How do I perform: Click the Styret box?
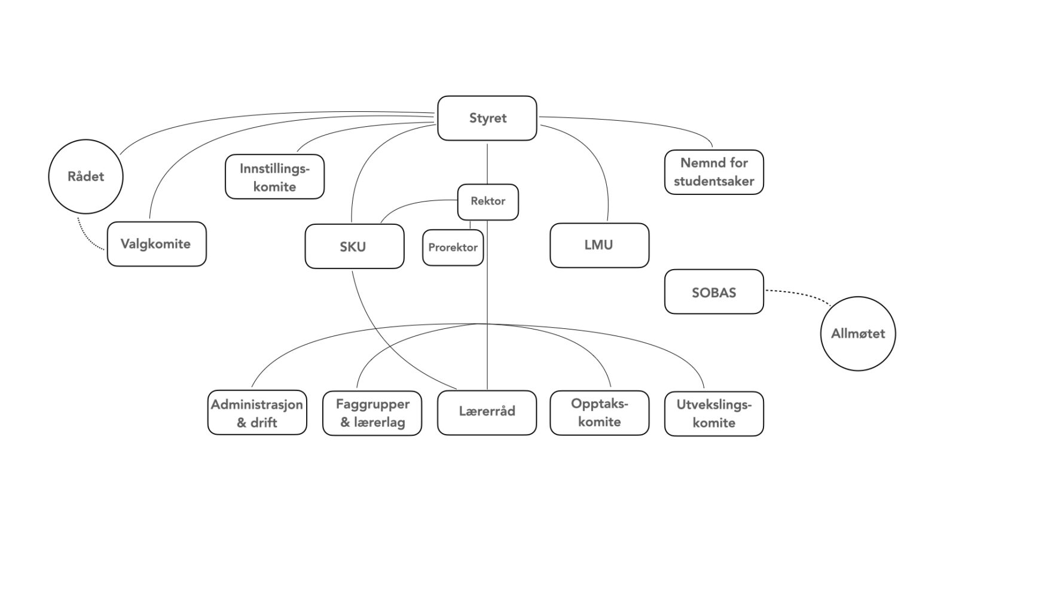point(487,118)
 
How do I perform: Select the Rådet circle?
point(85,176)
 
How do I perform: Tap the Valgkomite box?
point(156,244)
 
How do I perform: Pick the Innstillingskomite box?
point(274,177)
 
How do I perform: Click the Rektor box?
point(487,202)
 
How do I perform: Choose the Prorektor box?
point(453,248)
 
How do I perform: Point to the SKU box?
point(354,246)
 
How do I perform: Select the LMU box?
point(599,245)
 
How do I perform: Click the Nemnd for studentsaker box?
point(714,172)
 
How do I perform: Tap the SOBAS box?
point(714,292)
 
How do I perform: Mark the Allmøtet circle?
point(857,334)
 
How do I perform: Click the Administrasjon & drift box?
point(257,413)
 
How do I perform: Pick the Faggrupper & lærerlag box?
point(372,413)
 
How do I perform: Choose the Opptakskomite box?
point(599,413)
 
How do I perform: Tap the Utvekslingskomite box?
point(714,413)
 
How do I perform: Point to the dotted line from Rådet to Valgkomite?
point(86,238)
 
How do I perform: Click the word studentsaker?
point(714,181)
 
